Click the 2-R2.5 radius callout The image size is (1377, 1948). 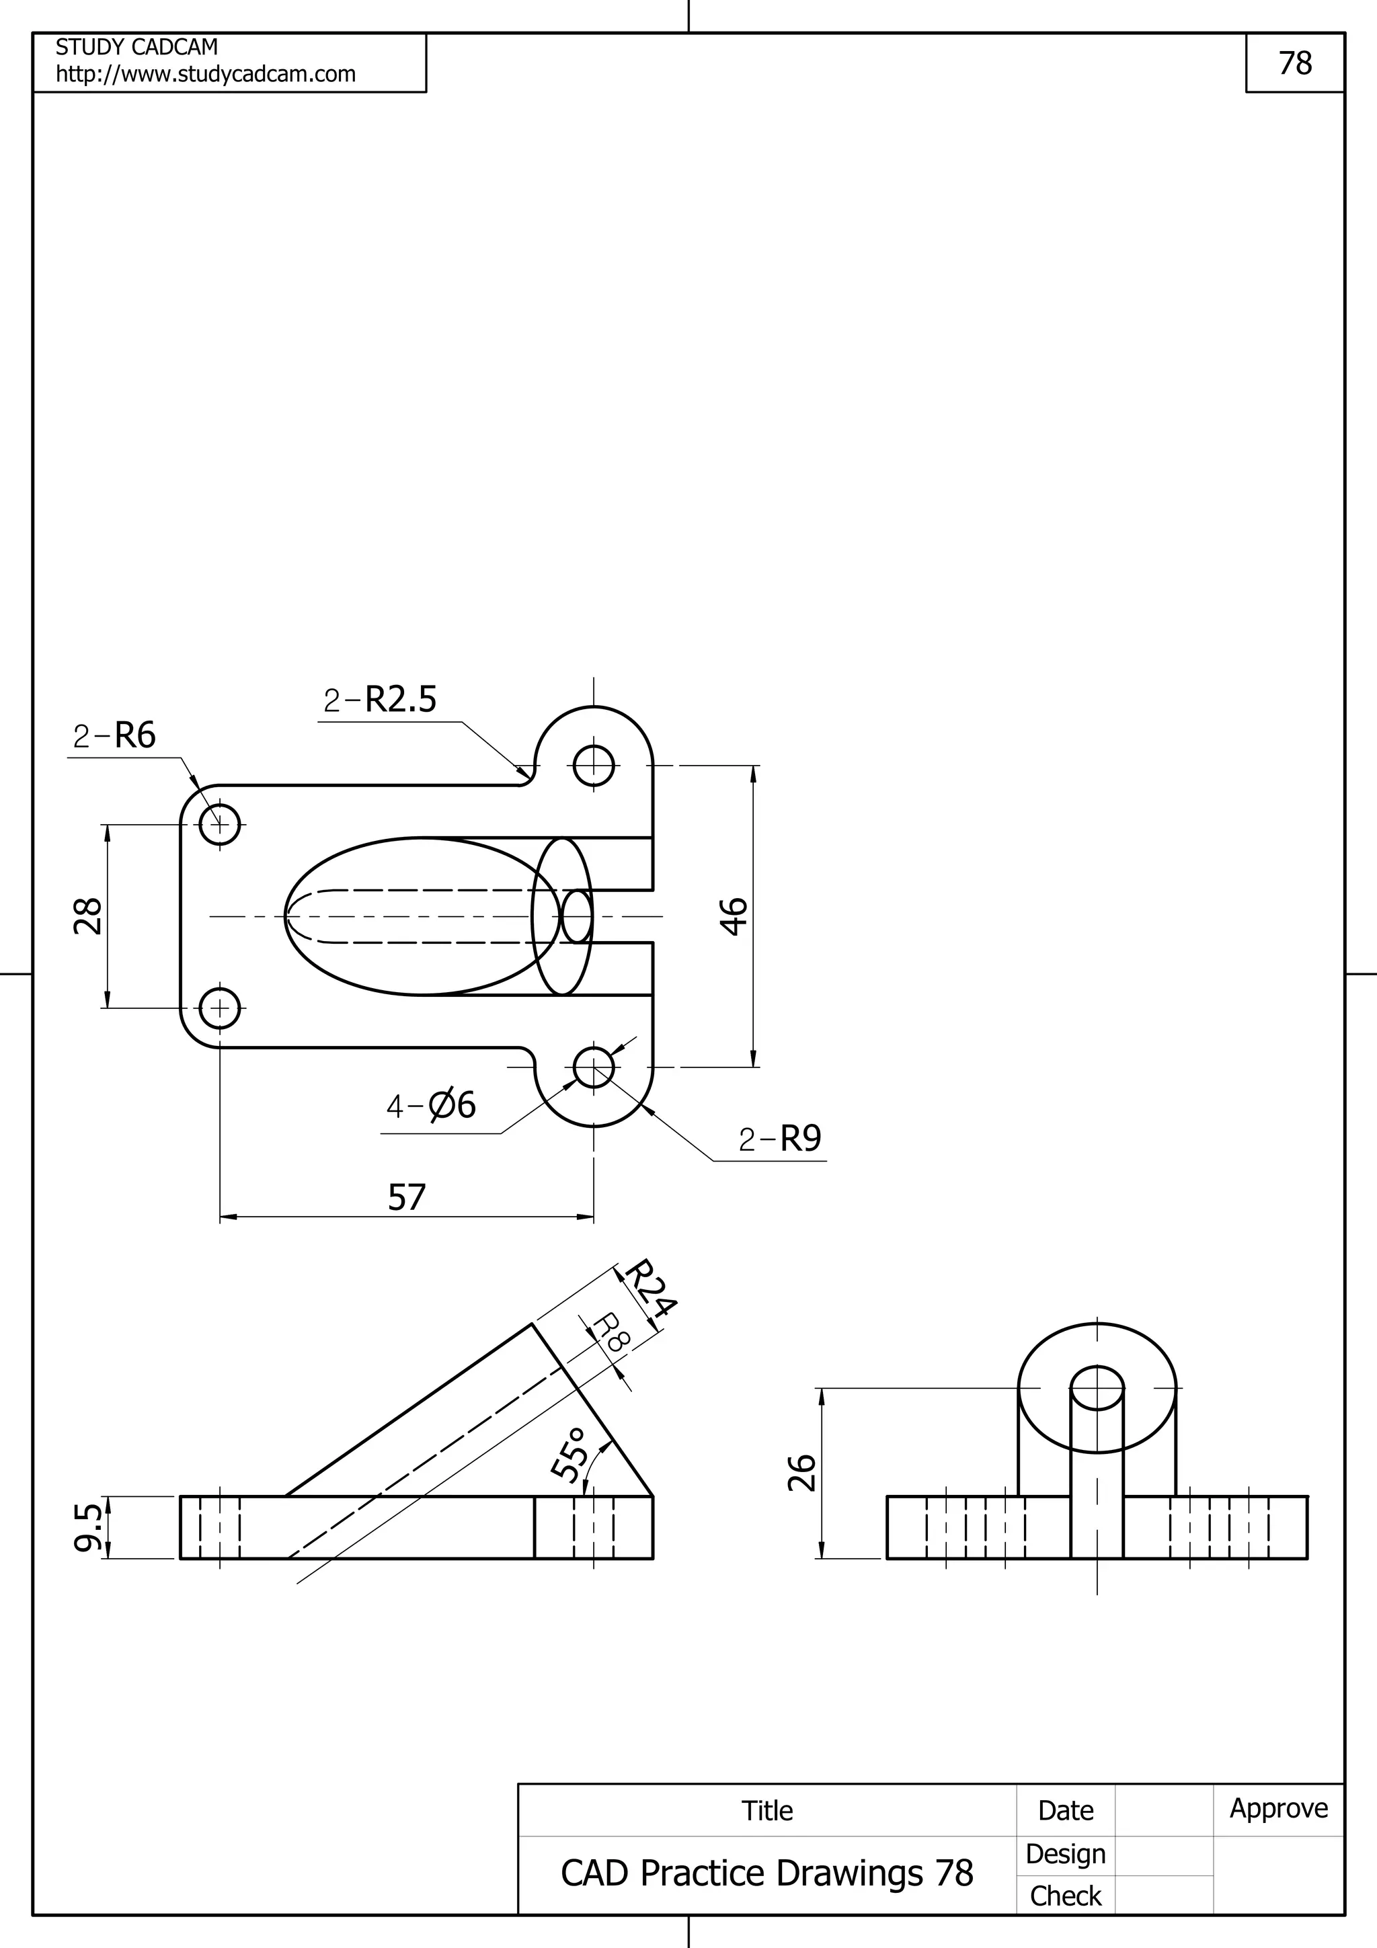pos(380,700)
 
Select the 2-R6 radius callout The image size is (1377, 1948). pos(114,735)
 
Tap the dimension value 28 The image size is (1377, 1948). pos(88,916)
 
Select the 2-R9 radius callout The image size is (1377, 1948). pos(780,1139)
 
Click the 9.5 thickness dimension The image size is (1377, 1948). pos(88,1527)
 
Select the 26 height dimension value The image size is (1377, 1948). pos(801,1472)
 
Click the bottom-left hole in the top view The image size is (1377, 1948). pos(220,1008)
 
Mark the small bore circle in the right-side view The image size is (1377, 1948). pos(1097,1387)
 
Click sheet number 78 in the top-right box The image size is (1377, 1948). pos(1295,63)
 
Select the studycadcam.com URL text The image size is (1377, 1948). pos(205,75)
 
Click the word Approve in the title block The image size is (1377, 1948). pos(1279,1808)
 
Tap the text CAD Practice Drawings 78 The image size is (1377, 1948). pos(767,1873)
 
